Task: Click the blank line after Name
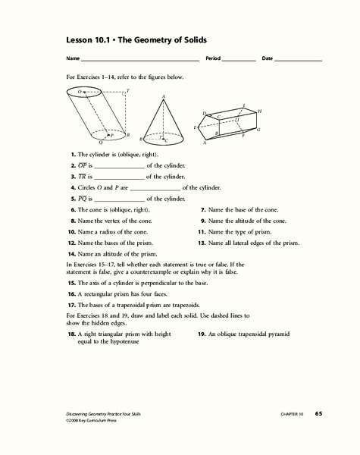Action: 139,60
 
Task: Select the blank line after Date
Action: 298,60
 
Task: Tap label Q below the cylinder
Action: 100,142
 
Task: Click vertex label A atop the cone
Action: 164,96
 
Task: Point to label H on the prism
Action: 259,111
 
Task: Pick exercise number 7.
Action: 202,209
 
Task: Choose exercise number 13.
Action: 202,243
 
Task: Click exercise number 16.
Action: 70,293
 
